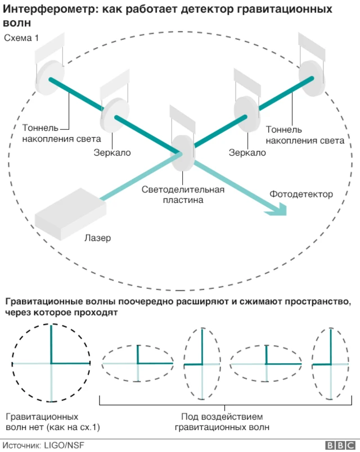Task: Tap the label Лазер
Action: [98, 238]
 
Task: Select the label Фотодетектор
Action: [300, 194]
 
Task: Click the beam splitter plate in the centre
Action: [182, 152]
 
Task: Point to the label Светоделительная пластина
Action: [183, 194]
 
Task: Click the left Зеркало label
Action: [112, 152]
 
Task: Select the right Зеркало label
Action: [247, 152]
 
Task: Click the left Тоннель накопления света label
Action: [62, 133]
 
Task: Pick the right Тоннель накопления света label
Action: [304, 135]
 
